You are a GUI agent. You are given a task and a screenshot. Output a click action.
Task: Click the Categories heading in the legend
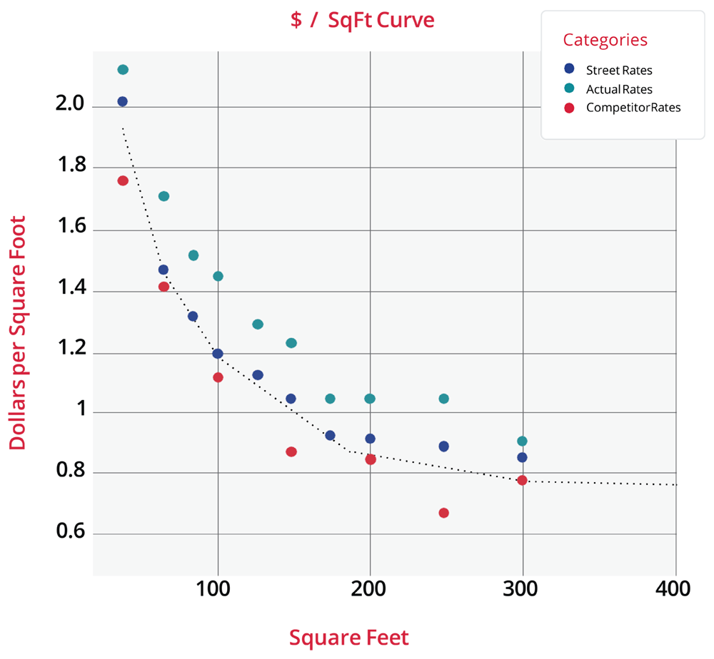605,40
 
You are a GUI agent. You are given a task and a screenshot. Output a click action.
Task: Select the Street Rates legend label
618,70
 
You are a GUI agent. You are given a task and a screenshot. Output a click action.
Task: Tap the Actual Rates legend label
618,89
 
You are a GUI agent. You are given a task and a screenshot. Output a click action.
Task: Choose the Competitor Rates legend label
633,108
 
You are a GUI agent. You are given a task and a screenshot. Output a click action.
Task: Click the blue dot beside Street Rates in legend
569,69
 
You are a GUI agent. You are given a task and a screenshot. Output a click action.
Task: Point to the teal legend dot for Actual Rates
569,88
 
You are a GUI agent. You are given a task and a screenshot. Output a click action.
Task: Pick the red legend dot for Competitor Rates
569,108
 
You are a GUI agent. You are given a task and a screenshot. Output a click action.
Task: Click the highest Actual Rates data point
123,69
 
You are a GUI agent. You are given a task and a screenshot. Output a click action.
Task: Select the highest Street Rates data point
123,101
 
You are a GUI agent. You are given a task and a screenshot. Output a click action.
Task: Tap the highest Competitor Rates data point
123,180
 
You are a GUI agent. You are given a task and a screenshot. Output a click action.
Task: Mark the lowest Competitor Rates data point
443,513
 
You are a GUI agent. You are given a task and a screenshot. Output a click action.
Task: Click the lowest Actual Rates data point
522,441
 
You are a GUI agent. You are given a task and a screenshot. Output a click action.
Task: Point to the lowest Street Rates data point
522,457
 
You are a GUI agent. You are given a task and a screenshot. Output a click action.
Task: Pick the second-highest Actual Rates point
164,196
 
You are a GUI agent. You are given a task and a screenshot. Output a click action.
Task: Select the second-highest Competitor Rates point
164,287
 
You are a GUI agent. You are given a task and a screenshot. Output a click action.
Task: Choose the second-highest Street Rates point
164,270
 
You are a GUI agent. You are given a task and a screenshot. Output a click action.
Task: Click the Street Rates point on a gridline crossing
218,353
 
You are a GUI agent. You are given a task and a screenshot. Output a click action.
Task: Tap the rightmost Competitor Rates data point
522,480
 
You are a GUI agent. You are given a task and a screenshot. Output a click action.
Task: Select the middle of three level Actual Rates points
370,398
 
